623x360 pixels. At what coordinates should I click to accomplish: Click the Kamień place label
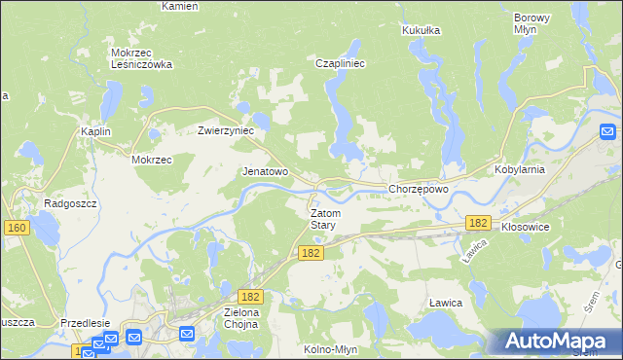(179, 6)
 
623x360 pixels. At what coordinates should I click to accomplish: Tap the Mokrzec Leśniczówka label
(141, 58)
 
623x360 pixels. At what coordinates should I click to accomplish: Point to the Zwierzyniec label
(226, 129)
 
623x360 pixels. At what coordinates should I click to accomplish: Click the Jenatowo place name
(265, 171)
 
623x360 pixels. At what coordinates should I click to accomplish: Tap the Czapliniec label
(340, 64)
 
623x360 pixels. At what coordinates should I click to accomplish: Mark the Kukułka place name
(421, 30)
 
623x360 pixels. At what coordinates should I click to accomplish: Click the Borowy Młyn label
(531, 23)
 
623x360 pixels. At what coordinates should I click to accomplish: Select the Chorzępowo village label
(419, 189)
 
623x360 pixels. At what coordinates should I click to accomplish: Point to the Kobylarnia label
(545, 168)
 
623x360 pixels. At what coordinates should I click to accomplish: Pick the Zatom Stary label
(324, 219)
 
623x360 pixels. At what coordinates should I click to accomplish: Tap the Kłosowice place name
(526, 226)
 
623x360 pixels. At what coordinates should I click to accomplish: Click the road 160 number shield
(15, 228)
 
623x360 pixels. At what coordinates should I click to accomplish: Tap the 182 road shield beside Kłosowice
(477, 223)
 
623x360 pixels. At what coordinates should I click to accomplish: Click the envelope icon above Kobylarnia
(607, 131)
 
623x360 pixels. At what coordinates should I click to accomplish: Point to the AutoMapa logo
(559, 341)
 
